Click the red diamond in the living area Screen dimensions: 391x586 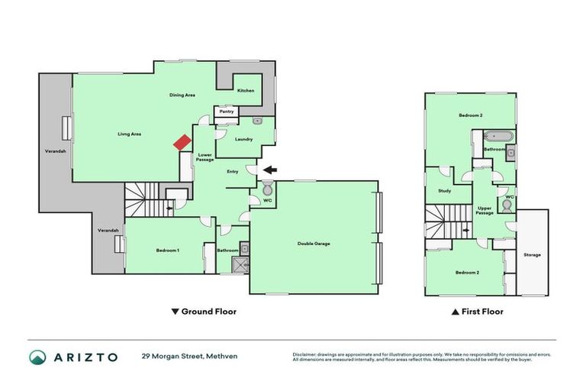coord(182,143)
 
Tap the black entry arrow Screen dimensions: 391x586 coord(270,170)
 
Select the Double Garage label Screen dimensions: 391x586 coord(313,244)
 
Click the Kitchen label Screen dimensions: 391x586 coord(246,91)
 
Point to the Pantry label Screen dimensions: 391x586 coord(227,111)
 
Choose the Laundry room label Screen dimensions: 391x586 coord(244,139)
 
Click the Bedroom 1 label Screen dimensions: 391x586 coord(168,250)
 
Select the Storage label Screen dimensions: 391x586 coord(533,254)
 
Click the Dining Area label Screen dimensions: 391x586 coord(182,95)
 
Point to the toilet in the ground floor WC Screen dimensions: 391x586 coord(267,189)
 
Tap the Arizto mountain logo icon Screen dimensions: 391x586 coord(37,357)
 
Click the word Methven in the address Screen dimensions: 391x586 coord(222,357)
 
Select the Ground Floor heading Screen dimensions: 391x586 coord(204,312)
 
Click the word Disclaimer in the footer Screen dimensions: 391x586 coord(305,354)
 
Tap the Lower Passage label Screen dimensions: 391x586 coord(204,157)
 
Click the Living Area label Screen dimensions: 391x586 coord(129,134)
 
